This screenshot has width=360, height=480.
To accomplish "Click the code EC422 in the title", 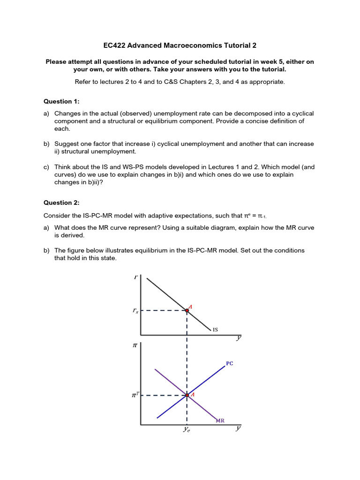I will click(x=115, y=45).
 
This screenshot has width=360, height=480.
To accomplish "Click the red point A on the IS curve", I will click(x=187, y=310).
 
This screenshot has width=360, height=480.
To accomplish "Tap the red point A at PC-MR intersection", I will click(x=187, y=395).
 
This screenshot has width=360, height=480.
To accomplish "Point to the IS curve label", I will click(x=215, y=330).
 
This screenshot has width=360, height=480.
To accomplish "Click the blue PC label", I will click(x=230, y=363).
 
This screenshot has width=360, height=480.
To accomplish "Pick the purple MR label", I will click(x=220, y=420).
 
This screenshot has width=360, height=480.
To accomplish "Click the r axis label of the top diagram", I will click(x=135, y=277).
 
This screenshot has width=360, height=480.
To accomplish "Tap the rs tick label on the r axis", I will click(x=135, y=311).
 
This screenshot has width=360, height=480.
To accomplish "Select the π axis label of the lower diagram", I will click(x=135, y=346).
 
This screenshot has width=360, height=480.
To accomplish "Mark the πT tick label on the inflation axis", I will click(x=135, y=396).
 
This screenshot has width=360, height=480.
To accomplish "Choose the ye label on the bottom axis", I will click(x=187, y=429).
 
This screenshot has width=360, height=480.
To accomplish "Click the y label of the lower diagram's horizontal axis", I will click(x=238, y=428).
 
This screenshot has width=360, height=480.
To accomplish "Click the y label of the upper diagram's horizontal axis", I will click(x=239, y=337).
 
